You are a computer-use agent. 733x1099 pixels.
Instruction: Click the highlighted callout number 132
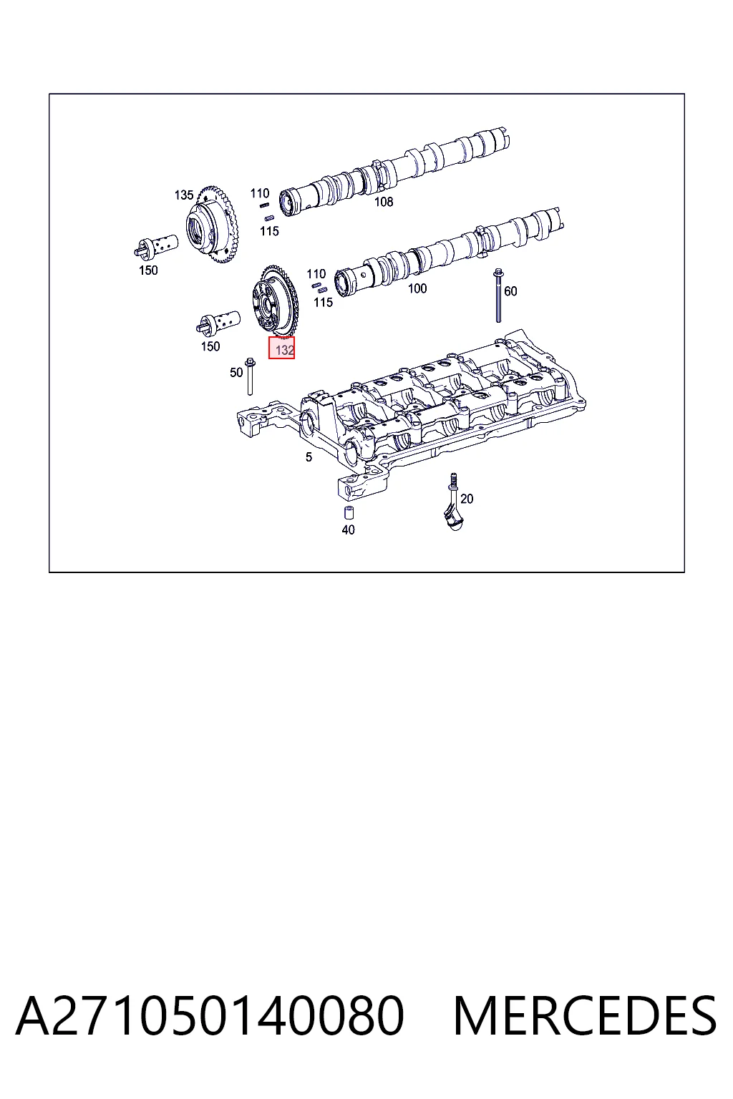tap(285, 351)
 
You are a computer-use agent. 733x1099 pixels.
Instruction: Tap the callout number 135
tap(184, 195)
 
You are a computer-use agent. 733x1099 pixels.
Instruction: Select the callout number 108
tap(384, 202)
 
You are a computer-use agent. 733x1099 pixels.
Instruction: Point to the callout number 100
tap(417, 288)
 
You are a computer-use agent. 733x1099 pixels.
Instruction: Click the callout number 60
tap(510, 291)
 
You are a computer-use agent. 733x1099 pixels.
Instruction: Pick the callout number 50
tap(236, 372)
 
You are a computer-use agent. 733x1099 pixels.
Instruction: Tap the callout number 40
tap(348, 530)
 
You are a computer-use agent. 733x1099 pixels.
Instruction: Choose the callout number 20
tap(467, 499)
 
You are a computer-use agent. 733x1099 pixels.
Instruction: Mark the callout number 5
tap(309, 457)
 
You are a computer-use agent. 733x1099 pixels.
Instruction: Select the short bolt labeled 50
tap(250, 376)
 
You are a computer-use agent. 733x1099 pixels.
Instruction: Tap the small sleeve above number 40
tap(349, 513)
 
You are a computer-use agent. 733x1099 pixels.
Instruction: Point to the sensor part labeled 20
tap(454, 504)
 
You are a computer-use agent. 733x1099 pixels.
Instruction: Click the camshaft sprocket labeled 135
tap(212, 225)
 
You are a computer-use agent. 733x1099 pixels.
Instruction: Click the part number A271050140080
tap(210, 1015)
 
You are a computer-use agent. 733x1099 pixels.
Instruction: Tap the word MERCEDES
tap(585, 1015)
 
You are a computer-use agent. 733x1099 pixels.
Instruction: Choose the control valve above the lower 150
tap(218, 323)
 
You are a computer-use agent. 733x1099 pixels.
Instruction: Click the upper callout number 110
tap(260, 193)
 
